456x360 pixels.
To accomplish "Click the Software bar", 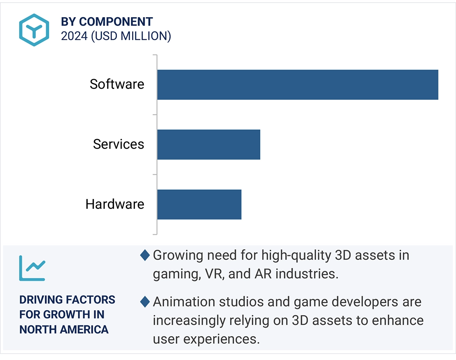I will click(x=298, y=85).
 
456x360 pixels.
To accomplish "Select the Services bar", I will click(x=209, y=145).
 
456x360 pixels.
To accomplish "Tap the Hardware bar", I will click(x=199, y=205).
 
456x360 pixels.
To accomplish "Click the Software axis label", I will click(x=117, y=84).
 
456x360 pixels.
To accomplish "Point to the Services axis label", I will click(x=118, y=144).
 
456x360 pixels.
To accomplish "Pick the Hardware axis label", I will click(x=115, y=204).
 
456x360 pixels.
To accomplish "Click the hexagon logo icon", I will click(x=34, y=30).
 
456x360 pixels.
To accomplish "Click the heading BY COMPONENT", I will click(x=107, y=21).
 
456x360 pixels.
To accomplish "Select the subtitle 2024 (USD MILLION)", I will click(x=116, y=36).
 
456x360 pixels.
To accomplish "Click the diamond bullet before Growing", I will click(x=145, y=256).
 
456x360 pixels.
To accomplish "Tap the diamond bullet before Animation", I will click(x=145, y=302).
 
